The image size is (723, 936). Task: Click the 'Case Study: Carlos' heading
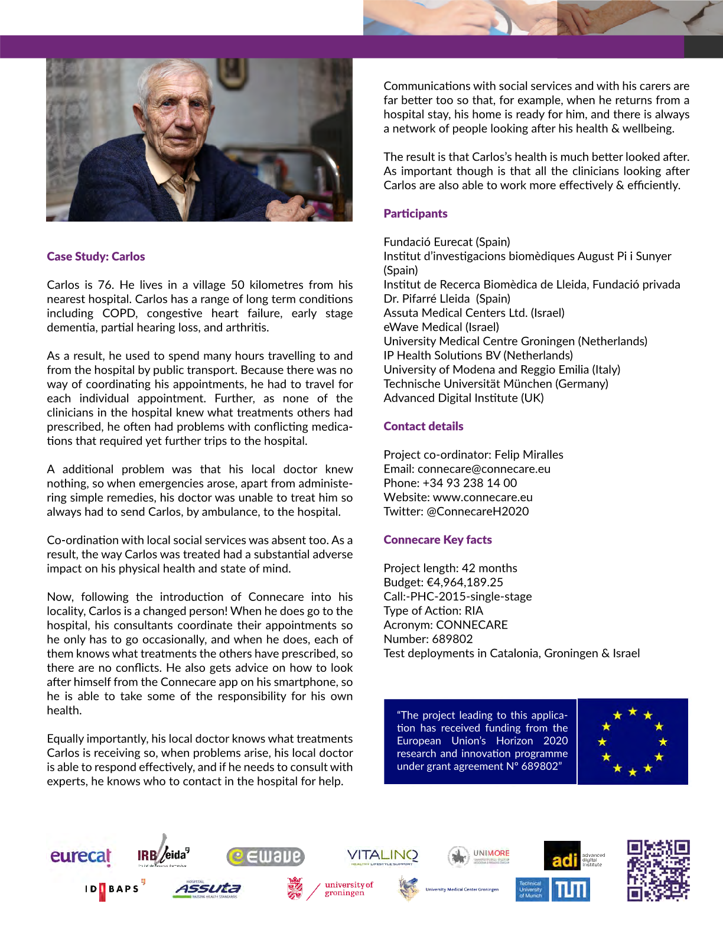pyautogui.click(x=96, y=256)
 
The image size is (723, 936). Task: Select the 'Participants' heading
pyautogui.click(x=415, y=214)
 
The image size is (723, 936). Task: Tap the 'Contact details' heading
pyautogui.click(x=423, y=427)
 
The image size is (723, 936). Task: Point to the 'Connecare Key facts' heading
pyautogui.click(x=437, y=540)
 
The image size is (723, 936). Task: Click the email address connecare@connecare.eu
pyautogui.click(x=484, y=469)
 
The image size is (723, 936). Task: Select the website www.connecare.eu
pyautogui.click(x=483, y=498)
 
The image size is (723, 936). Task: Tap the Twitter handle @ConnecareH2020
pyautogui.click(x=477, y=512)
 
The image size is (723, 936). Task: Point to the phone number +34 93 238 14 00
pyautogui.click(x=470, y=483)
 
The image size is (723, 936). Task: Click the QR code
pyautogui.click(x=658, y=870)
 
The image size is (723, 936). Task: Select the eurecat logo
pyautogui.click(x=80, y=856)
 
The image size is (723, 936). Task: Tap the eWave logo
pyautogui.click(x=265, y=856)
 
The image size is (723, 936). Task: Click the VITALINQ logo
pyautogui.click(x=382, y=856)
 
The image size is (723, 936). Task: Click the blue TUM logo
pyautogui.click(x=570, y=889)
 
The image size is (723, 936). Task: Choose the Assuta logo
pyautogui.click(x=208, y=889)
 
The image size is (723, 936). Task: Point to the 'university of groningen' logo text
pyautogui.click(x=349, y=889)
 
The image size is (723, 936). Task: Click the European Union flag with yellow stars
pyautogui.click(x=633, y=742)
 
